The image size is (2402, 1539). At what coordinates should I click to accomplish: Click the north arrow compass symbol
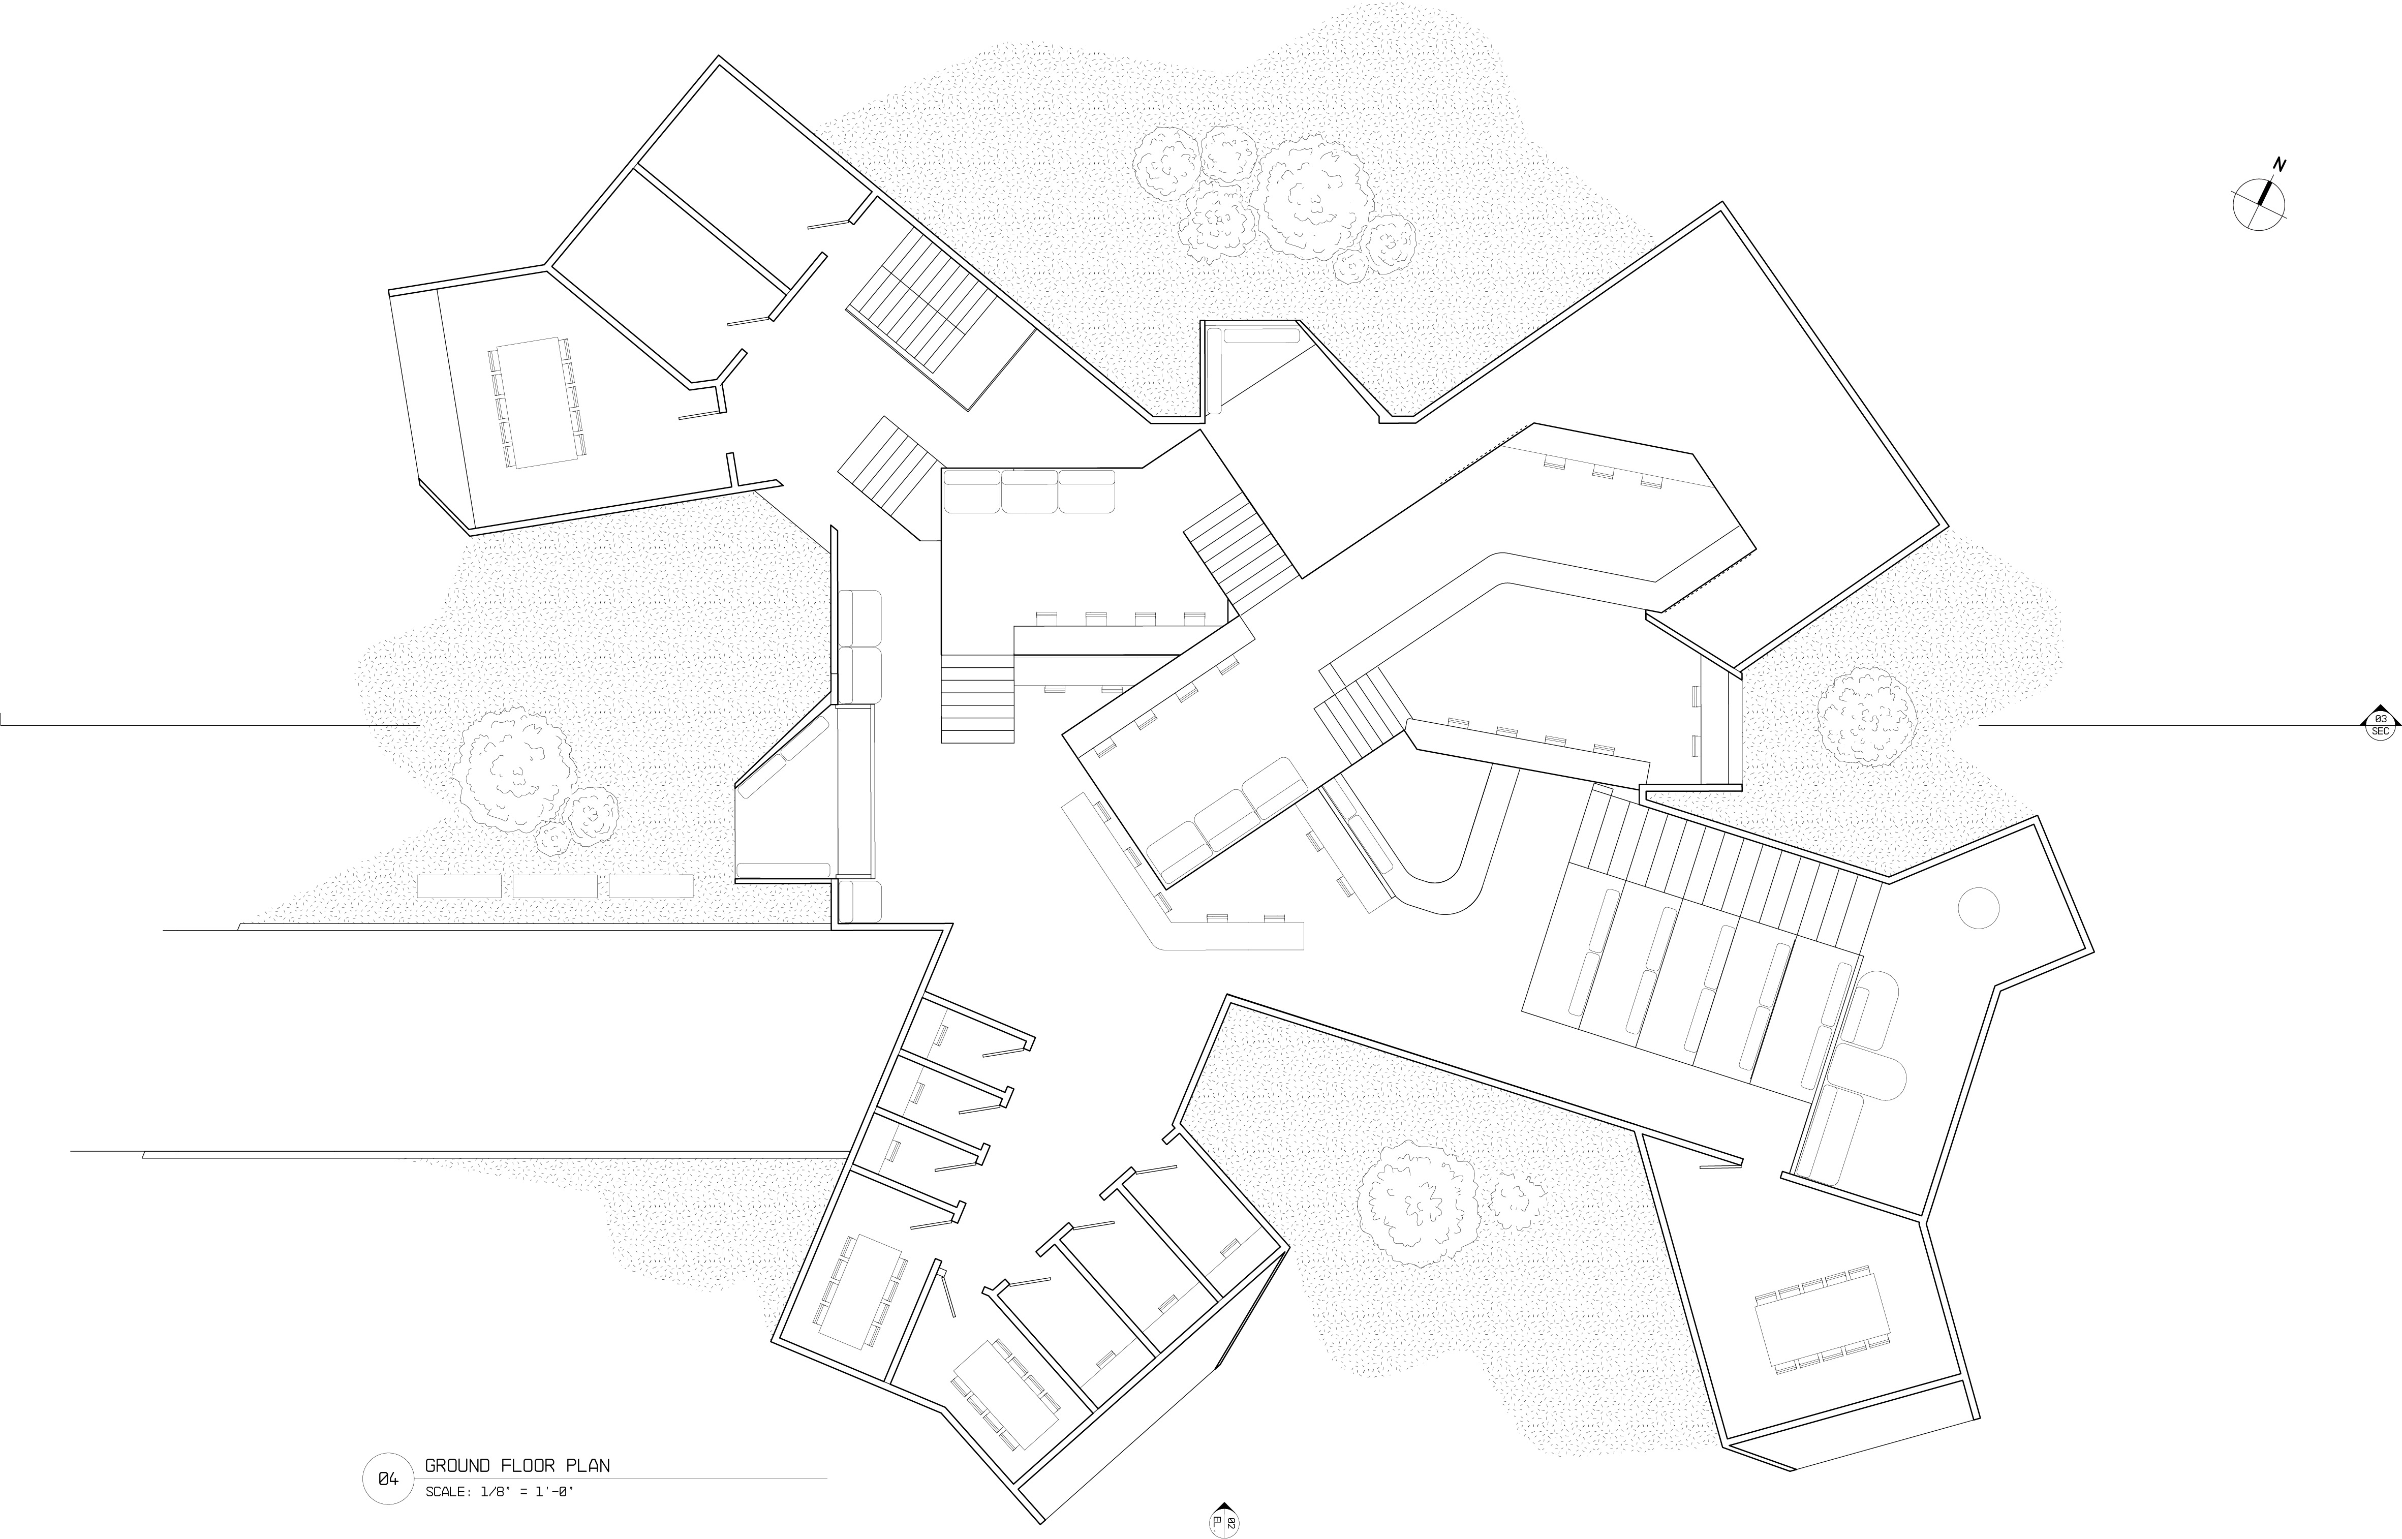tap(2259, 204)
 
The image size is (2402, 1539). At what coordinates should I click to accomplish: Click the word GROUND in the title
tap(457, 1466)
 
